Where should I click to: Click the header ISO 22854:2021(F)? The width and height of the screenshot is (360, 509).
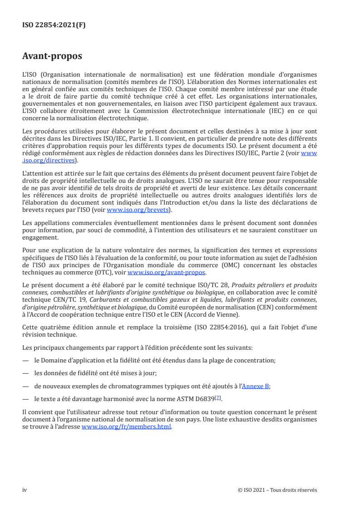coord(54,25)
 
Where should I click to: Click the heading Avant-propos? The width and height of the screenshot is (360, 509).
coord(52,56)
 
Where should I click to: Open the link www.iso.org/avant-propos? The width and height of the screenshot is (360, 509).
coord(167,273)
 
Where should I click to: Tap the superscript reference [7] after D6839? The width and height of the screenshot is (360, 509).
coord(218,397)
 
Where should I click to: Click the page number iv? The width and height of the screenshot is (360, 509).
coord(25,490)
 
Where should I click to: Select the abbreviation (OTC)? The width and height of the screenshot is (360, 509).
coord(107,273)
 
